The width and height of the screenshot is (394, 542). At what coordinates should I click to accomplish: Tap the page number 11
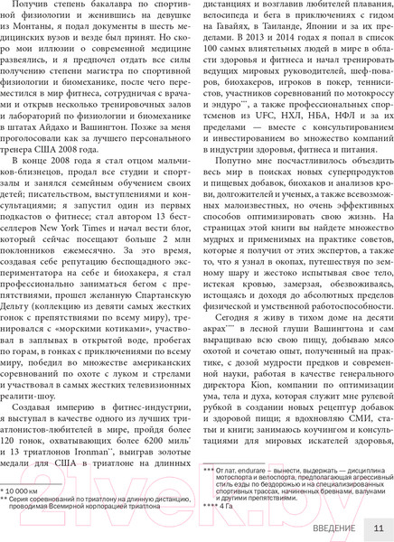coord(379,528)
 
